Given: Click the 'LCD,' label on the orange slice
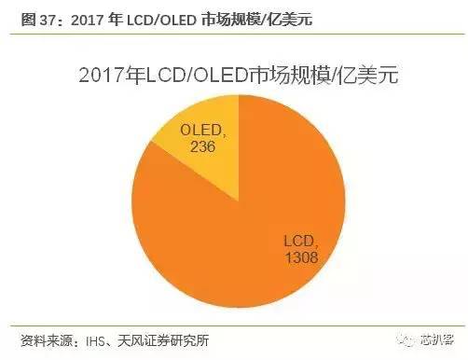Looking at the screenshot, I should point(299,242).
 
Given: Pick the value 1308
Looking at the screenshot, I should point(301,258).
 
